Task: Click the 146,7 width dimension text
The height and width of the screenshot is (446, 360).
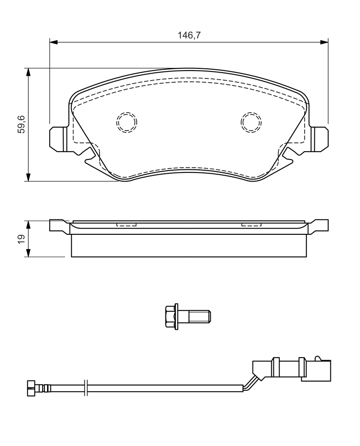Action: (x=189, y=35)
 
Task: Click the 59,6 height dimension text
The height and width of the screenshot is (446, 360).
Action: (x=21, y=124)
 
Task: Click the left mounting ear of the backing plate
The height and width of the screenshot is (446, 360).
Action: (x=58, y=139)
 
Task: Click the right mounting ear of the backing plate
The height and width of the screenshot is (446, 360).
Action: (x=320, y=139)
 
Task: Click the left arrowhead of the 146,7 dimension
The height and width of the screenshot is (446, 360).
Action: (x=54, y=42)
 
